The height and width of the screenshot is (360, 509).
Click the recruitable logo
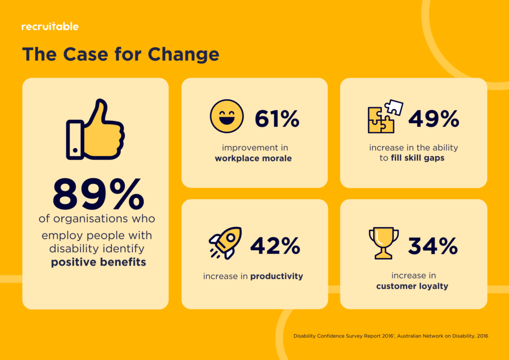point(50,26)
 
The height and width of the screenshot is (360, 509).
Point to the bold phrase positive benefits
point(98,262)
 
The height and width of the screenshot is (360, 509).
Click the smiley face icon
point(227,117)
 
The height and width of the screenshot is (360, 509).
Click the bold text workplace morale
point(254,159)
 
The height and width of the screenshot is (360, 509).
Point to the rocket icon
point(226,243)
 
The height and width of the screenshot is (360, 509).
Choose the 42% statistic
point(275,245)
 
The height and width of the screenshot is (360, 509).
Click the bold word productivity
point(276,276)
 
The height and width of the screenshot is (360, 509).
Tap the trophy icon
point(384,243)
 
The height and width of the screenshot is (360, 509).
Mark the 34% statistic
point(433,245)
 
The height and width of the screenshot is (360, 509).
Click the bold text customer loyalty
point(412,286)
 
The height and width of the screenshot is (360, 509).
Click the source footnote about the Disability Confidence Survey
point(391,336)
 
